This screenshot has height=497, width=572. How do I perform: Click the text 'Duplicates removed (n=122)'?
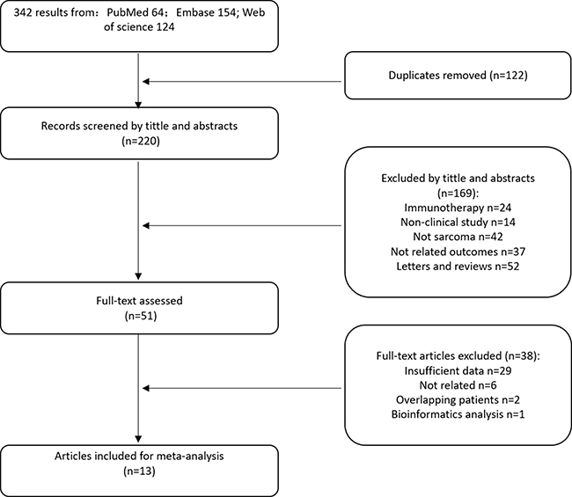coord(458,76)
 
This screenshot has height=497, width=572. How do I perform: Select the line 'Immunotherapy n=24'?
coord(458,208)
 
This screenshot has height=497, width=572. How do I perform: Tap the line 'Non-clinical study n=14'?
coord(458,222)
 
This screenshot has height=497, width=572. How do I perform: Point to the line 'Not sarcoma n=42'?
coord(458,237)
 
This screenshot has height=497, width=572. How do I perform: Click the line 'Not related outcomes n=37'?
coord(458,252)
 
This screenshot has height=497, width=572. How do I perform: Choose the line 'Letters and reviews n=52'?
coord(458,267)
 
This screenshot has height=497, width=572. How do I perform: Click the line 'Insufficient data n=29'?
coord(458,371)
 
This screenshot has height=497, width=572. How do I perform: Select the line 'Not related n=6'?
coord(458,385)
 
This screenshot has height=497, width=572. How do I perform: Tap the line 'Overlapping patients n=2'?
coord(458,400)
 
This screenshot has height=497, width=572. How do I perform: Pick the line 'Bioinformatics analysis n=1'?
coord(458,414)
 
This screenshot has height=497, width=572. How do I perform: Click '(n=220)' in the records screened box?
coord(141,141)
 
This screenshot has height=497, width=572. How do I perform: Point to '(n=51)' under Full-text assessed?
coord(141,316)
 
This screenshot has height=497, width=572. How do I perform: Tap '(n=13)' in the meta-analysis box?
coord(139,471)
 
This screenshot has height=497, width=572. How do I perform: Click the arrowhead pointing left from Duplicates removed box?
coord(146,82)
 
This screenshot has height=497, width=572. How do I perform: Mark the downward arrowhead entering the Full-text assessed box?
coord(138,276)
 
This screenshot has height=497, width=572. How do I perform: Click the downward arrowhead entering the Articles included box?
coord(138,439)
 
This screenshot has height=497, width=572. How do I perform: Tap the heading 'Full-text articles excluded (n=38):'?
coord(458,356)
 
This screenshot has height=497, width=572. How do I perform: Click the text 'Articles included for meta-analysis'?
coord(139,457)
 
